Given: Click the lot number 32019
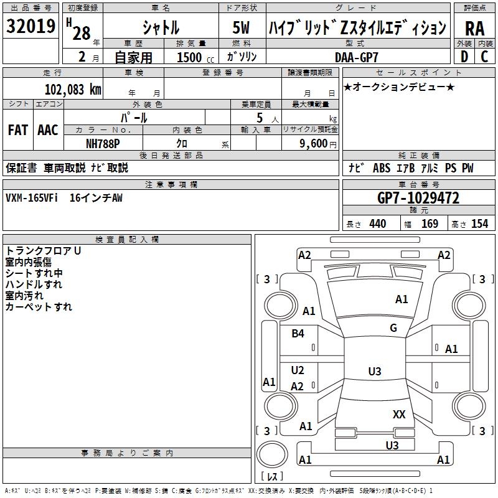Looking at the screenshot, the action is click(x=31, y=26).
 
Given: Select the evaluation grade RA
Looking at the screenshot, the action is click(x=474, y=28).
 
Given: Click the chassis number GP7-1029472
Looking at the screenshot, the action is click(x=418, y=198).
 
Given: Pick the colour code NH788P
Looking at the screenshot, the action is click(x=103, y=143).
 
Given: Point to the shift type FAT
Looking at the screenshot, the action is click(x=17, y=130).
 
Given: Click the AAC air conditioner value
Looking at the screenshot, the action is click(x=48, y=130).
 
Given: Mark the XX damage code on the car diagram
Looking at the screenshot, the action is click(x=399, y=414).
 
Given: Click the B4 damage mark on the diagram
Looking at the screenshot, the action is click(x=298, y=334).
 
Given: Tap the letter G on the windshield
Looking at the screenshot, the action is click(x=393, y=328).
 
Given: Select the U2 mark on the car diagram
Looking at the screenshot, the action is click(x=298, y=370).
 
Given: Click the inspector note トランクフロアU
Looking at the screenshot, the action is click(x=43, y=251).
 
